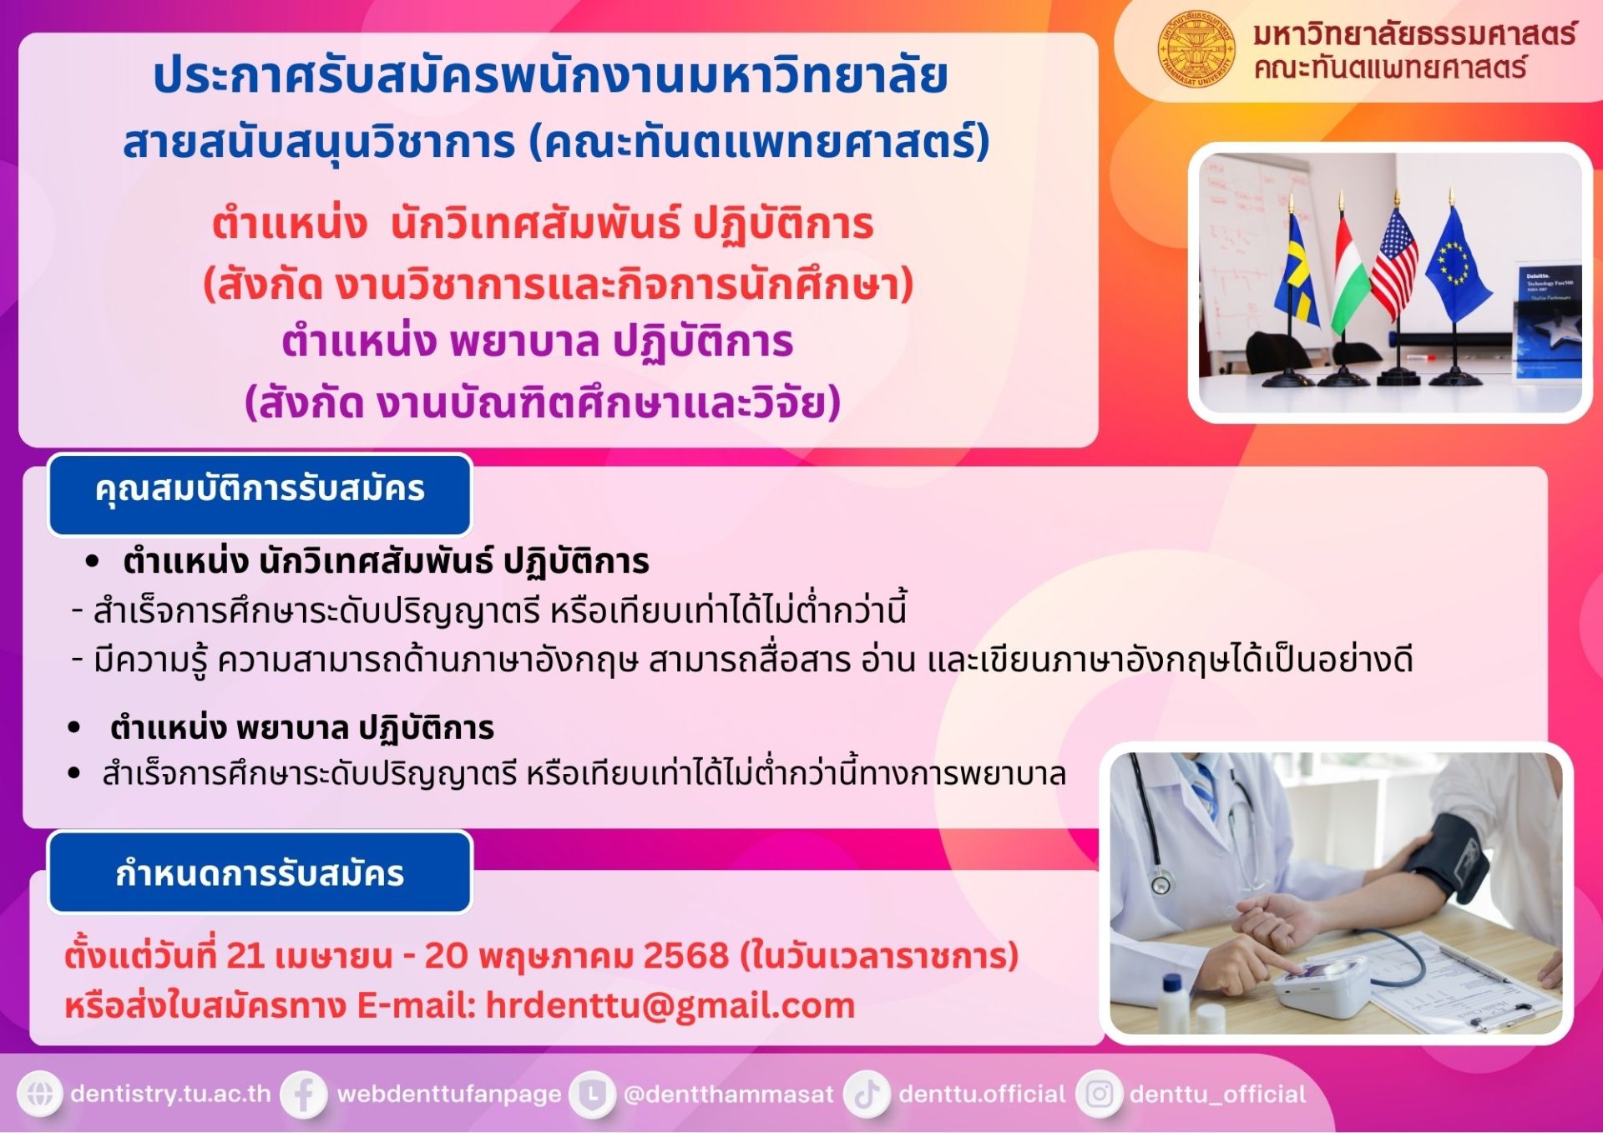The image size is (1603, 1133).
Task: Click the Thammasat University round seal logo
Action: point(1196,48)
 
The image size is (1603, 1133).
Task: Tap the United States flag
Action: point(1393,263)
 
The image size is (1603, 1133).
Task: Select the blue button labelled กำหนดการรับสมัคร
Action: point(260,873)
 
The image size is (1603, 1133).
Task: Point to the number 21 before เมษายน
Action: point(245,955)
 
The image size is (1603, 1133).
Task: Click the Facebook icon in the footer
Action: point(303,1094)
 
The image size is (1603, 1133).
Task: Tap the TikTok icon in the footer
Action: point(867,1094)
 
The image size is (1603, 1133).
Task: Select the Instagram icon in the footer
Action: point(1099,1094)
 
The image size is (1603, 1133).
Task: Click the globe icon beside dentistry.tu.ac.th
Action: point(40,1094)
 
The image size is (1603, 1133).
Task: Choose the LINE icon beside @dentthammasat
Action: point(592,1094)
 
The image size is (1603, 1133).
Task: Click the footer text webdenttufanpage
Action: point(449,1094)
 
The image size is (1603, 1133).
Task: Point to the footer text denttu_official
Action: point(1217,1094)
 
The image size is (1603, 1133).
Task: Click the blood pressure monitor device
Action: point(1321,985)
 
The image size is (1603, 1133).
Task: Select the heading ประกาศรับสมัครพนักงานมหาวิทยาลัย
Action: point(551,76)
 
